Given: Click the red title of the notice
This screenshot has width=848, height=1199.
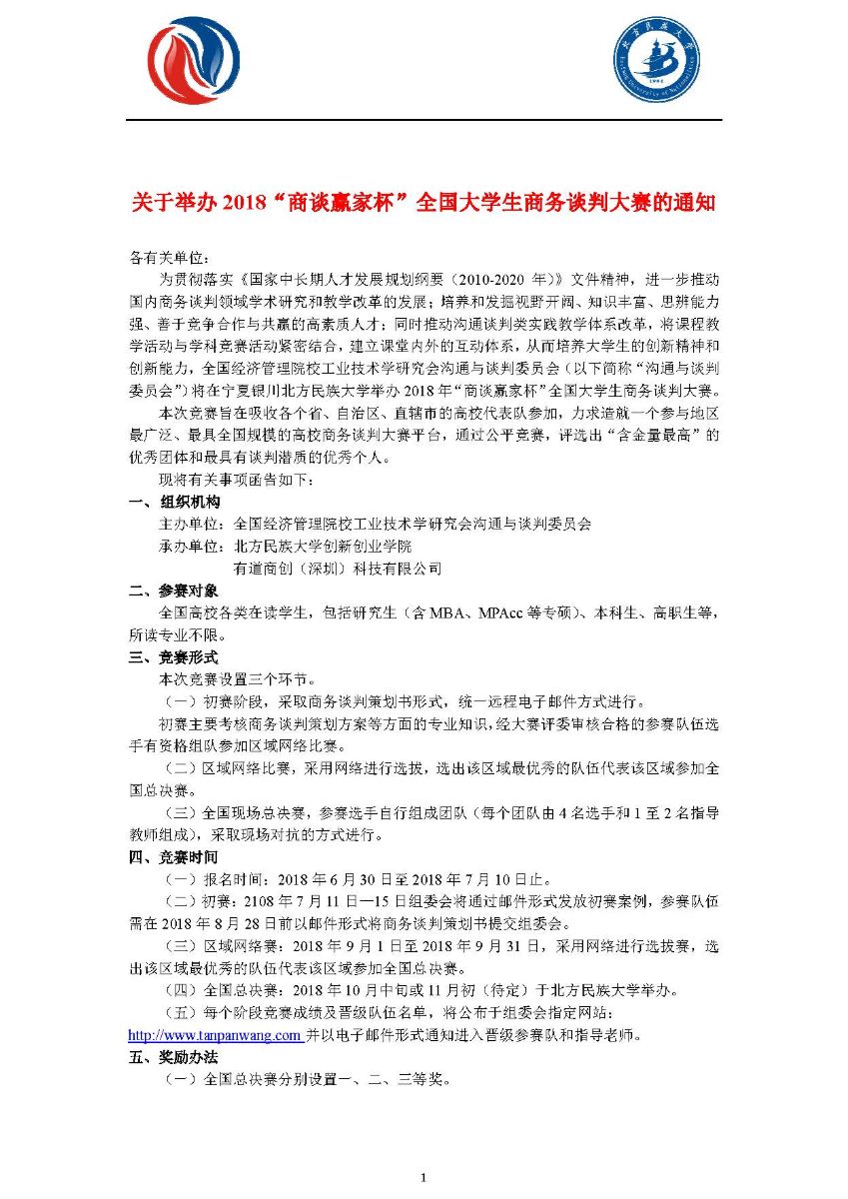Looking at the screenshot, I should point(424,202).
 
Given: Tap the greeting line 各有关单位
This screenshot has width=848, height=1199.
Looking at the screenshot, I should point(172,257).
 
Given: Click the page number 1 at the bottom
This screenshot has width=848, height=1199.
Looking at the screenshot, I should point(424,1178).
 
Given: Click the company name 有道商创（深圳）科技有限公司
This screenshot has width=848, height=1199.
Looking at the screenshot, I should point(337,569).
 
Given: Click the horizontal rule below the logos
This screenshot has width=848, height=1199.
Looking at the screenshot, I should point(424,120).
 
